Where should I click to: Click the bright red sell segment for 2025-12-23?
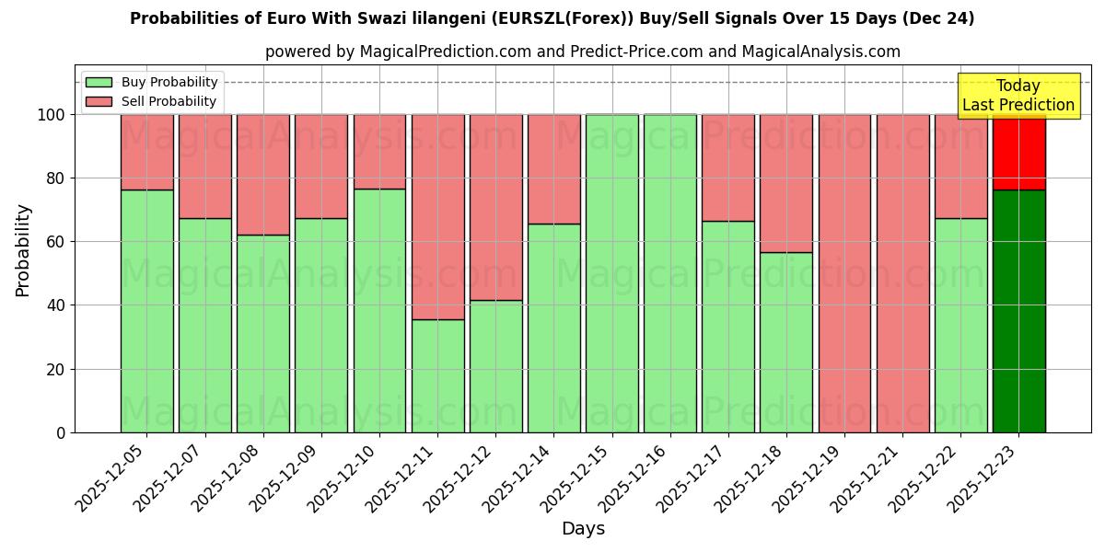[x=1018, y=153]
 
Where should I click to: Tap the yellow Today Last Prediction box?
[x=1018, y=96]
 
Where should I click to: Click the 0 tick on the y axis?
[x=61, y=432]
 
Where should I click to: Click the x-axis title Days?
[x=583, y=529]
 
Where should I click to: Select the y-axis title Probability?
[x=23, y=250]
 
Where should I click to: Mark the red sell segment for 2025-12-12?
[x=495, y=207]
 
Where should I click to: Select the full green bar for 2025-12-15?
[x=611, y=273]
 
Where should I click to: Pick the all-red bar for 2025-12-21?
[x=902, y=273]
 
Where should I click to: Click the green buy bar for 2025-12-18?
[x=786, y=342]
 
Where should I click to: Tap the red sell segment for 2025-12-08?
[x=263, y=175]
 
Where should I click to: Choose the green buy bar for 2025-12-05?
[x=147, y=311]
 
